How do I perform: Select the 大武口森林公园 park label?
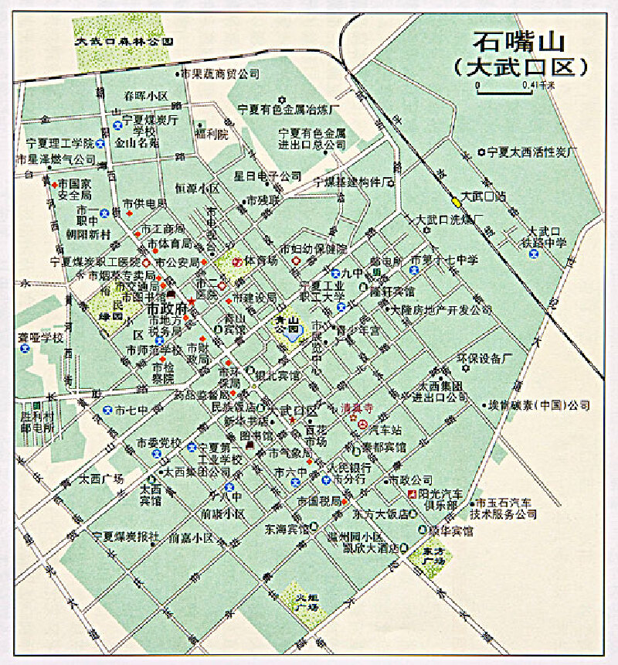pyautogui.click(x=123, y=42)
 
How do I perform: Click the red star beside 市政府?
pyautogui.click(x=192, y=301)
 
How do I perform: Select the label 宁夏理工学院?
pyautogui.click(x=59, y=144)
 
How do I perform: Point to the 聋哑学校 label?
pyautogui.click(x=41, y=339)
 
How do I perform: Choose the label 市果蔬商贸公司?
pyautogui.click(x=220, y=75)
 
